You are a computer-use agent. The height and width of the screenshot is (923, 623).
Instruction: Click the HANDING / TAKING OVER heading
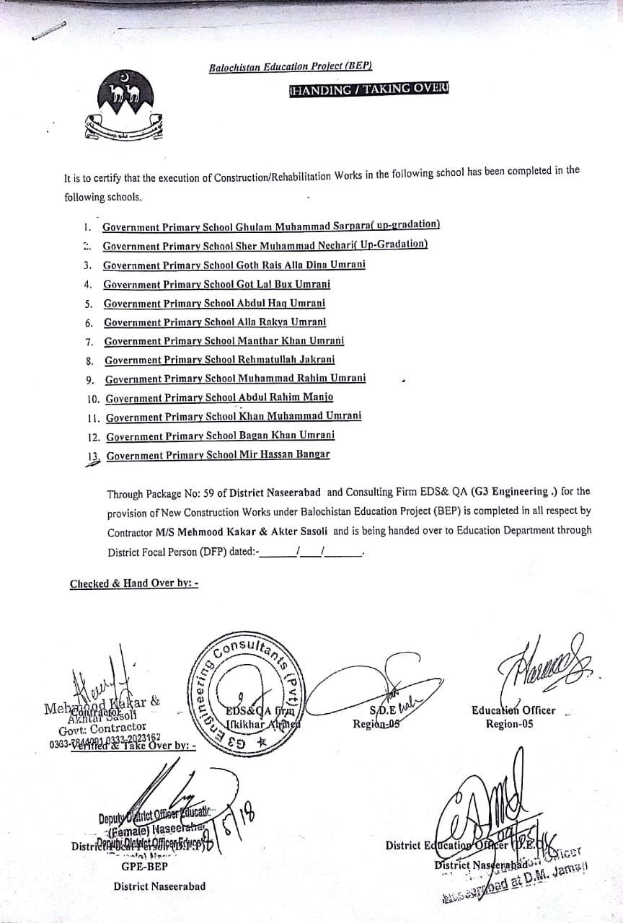point(368,89)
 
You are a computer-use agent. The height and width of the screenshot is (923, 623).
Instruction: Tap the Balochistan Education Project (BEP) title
point(290,67)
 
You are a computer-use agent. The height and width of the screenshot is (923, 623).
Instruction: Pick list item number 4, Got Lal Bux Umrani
point(216,284)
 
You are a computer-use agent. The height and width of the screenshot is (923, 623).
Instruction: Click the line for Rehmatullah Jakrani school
point(219,359)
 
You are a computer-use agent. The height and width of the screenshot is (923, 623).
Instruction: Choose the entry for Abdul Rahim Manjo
point(219,397)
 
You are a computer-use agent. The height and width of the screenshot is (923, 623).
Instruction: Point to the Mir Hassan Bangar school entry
point(218,454)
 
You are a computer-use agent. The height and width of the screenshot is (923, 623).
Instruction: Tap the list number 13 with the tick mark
point(92,456)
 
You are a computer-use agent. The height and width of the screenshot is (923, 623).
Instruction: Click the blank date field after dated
point(310,553)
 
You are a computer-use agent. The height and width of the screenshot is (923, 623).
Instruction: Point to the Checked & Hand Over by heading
point(133,583)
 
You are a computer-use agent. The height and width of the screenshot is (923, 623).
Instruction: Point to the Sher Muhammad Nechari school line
point(265,245)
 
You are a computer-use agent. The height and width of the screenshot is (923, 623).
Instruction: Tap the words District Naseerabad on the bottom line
point(159,886)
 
